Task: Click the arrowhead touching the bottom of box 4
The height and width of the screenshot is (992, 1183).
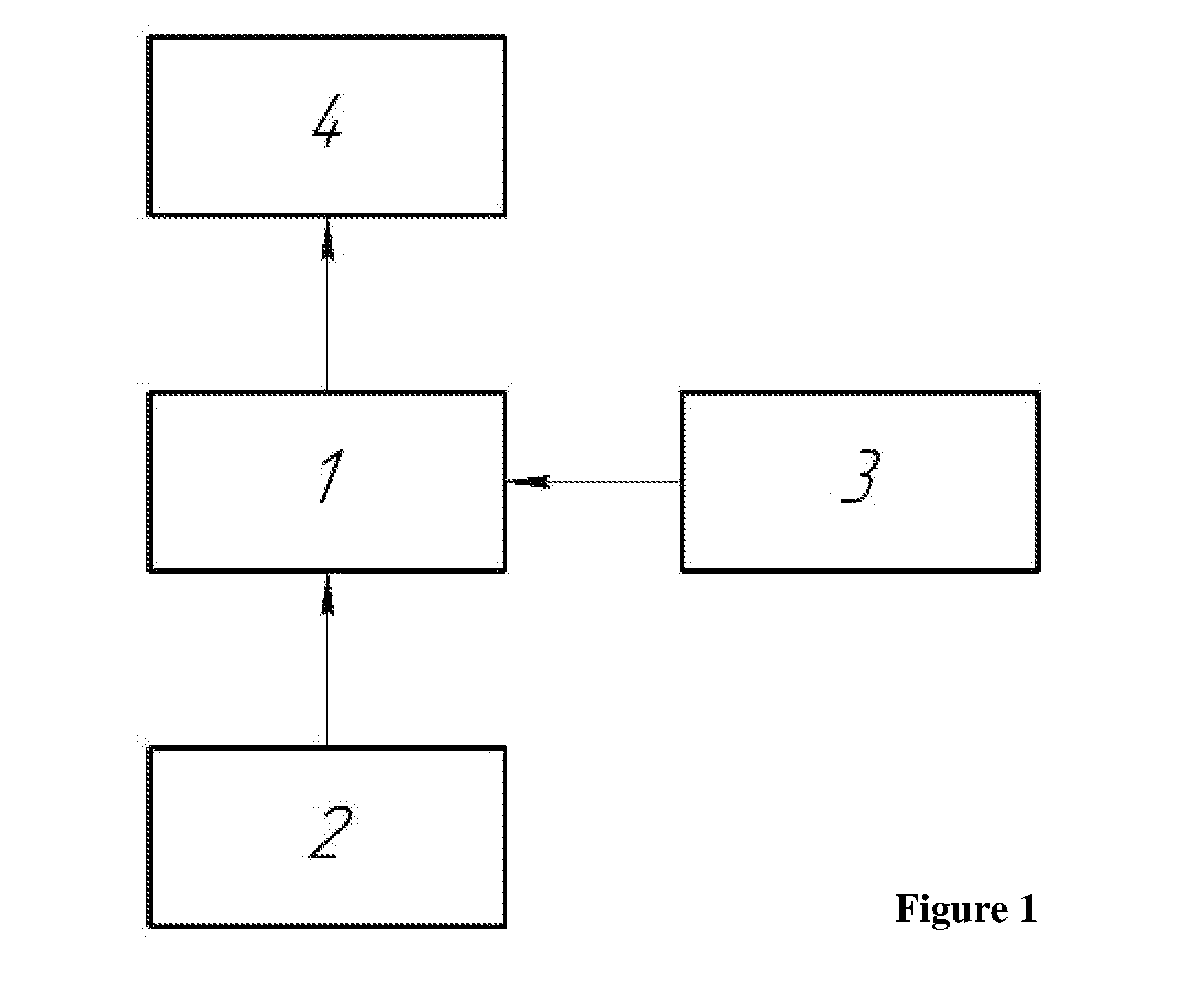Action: point(327,238)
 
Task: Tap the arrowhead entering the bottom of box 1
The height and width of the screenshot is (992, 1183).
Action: point(327,593)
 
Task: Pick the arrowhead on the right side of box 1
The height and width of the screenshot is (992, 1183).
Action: point(528,482)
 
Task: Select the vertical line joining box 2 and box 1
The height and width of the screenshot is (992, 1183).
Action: point(327,659)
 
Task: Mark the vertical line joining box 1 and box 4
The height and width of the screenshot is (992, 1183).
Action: point(327,304)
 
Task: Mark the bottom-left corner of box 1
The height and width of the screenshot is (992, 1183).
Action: point(150,570)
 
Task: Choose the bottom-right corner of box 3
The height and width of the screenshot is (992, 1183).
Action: point(1038,570)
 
